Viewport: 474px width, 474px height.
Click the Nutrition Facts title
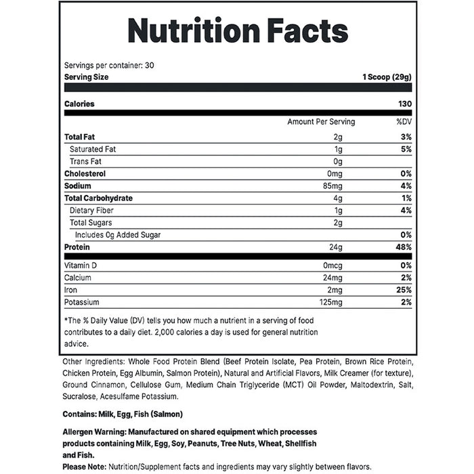[x=238, y=30]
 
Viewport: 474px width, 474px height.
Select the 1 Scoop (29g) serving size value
[x=387, y=77]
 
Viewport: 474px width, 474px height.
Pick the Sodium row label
[x=77, y=186]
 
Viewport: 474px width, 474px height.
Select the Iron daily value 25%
[x=402, y=290]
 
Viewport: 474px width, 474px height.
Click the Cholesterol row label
[x=85, y=173]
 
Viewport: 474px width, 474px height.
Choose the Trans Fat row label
[x=85, y=161]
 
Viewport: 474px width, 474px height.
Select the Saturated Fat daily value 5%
[x=405, y=149]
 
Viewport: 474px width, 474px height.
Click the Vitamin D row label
[x=81, y=265]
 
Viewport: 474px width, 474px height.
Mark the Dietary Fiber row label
[x=92, y=210]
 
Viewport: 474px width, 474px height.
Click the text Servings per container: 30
[x=108, y=65]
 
